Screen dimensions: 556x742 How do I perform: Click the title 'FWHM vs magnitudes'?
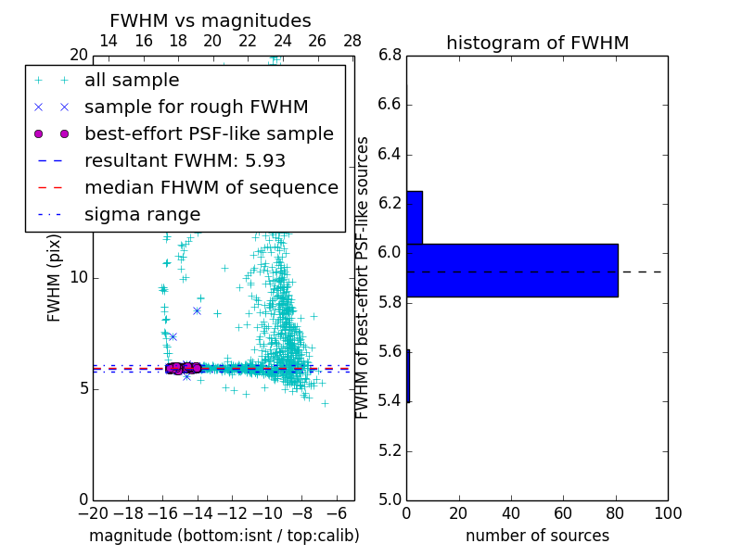(x=211, y=20)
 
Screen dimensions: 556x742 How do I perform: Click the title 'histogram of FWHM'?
(x=537, y=43)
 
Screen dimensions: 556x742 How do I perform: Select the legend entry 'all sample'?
(x=132, y=81)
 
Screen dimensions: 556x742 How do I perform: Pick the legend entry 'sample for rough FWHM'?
(x=196, y=107)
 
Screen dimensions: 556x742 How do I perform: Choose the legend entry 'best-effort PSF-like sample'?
(x=209, y=133)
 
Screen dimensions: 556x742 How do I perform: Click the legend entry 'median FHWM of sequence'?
(x=211, y=187)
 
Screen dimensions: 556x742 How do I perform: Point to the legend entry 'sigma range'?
(x=142, y=214)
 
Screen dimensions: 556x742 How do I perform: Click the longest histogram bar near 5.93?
(x=512, y=270)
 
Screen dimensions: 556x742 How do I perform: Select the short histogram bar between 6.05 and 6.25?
(x=415, y=217)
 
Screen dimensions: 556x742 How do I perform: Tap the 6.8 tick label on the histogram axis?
(x=390, y=55)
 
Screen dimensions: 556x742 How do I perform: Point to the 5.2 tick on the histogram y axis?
(x=390, y=450)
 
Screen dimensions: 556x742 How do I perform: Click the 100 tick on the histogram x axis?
(x=667, y=513)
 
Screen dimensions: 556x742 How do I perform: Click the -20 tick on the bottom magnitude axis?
(x=93, y=513)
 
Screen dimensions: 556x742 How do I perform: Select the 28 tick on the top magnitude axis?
(x=352, y=42)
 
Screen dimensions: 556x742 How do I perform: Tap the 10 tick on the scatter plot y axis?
(x=79, y=277)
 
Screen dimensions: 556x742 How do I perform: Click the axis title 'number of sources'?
(x=537, y=536)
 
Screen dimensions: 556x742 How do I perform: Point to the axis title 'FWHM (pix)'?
(x=55, y=278)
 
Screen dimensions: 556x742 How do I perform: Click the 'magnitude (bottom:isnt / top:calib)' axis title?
(x=224, y=536)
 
